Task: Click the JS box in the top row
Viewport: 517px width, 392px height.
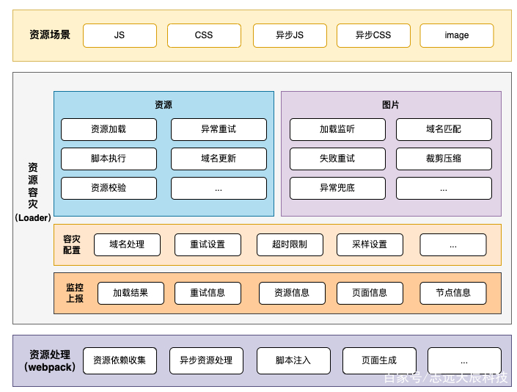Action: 120,35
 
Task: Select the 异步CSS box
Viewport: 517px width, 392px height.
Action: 373,35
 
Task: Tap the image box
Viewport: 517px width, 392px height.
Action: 457,35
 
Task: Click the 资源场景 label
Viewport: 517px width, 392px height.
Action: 50,35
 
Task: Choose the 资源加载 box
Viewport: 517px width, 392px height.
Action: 109,129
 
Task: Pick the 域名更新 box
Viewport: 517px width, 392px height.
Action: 219,159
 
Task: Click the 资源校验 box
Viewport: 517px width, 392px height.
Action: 109,188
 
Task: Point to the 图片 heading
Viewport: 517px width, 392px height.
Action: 391,105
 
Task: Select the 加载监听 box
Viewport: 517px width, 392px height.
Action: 337,129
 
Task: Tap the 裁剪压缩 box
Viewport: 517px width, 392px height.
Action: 444,159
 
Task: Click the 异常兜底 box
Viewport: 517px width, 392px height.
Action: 337,188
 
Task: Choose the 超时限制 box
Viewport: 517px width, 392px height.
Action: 290,245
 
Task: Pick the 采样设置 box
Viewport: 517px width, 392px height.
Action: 370,245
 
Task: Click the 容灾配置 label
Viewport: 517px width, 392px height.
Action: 72,244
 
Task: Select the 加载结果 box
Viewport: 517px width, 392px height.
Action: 131,293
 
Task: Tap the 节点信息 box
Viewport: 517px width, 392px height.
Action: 453,293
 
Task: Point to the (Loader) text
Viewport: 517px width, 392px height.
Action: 33,218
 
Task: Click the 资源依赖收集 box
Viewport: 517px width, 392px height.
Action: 120,360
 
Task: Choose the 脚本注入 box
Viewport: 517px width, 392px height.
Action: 293,360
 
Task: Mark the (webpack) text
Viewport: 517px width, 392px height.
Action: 50,367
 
